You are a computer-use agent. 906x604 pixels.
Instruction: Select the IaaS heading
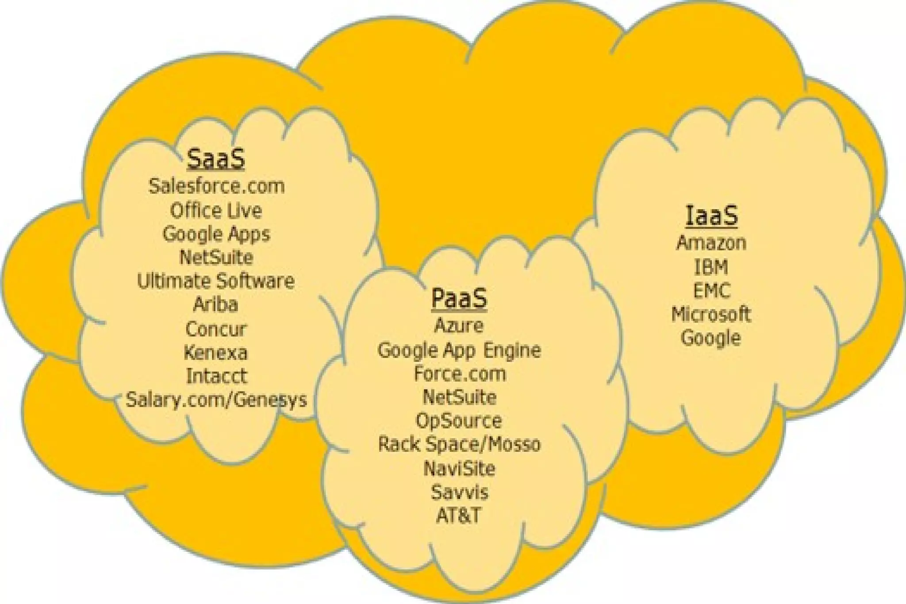point(711,215)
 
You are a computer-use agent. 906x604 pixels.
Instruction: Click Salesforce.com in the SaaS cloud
point(216,186)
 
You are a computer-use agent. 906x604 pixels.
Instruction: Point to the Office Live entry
point(216,210)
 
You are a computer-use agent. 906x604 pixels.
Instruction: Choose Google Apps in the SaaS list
point(216,234)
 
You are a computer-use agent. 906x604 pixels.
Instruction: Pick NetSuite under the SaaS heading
point(216,257)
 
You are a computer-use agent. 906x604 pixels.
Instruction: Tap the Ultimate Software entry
point(216,281)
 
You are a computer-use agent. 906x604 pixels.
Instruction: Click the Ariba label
point(216,304)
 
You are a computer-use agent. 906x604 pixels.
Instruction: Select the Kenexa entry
point(216,352)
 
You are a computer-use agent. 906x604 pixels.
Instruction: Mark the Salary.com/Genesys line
point(216,400)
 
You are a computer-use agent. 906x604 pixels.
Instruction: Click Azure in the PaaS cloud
point(459,325)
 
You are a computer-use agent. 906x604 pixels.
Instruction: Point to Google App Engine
point(459,350)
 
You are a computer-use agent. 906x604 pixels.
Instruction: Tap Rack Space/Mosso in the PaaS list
point(459,444)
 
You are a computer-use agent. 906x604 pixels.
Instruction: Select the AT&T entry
point(458,515)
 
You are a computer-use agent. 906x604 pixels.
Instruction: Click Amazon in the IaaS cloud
point(711,242)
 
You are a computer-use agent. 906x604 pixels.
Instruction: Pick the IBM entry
point(711,267)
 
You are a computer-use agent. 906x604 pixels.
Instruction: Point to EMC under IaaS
point(711,291)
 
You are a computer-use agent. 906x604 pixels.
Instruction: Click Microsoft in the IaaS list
point(711,314)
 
